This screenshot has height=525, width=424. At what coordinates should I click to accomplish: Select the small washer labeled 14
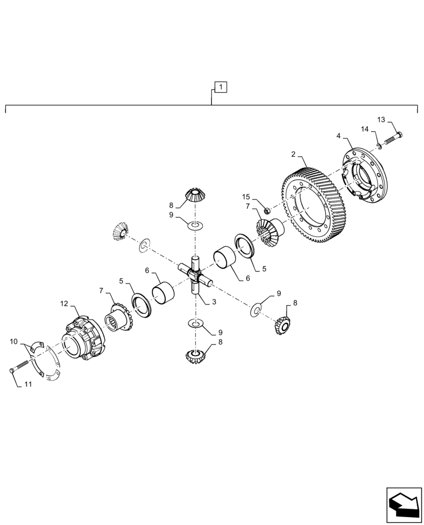coord(378,145)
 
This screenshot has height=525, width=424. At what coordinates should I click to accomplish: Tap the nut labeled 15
coord(267,211)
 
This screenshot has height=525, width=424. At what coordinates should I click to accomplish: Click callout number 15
coord(246,197)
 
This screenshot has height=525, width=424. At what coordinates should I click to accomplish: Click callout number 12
coord(64,303)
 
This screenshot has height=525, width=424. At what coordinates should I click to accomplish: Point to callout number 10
coord(14,342)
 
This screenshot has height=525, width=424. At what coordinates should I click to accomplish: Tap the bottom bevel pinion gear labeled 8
coord(195,357)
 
